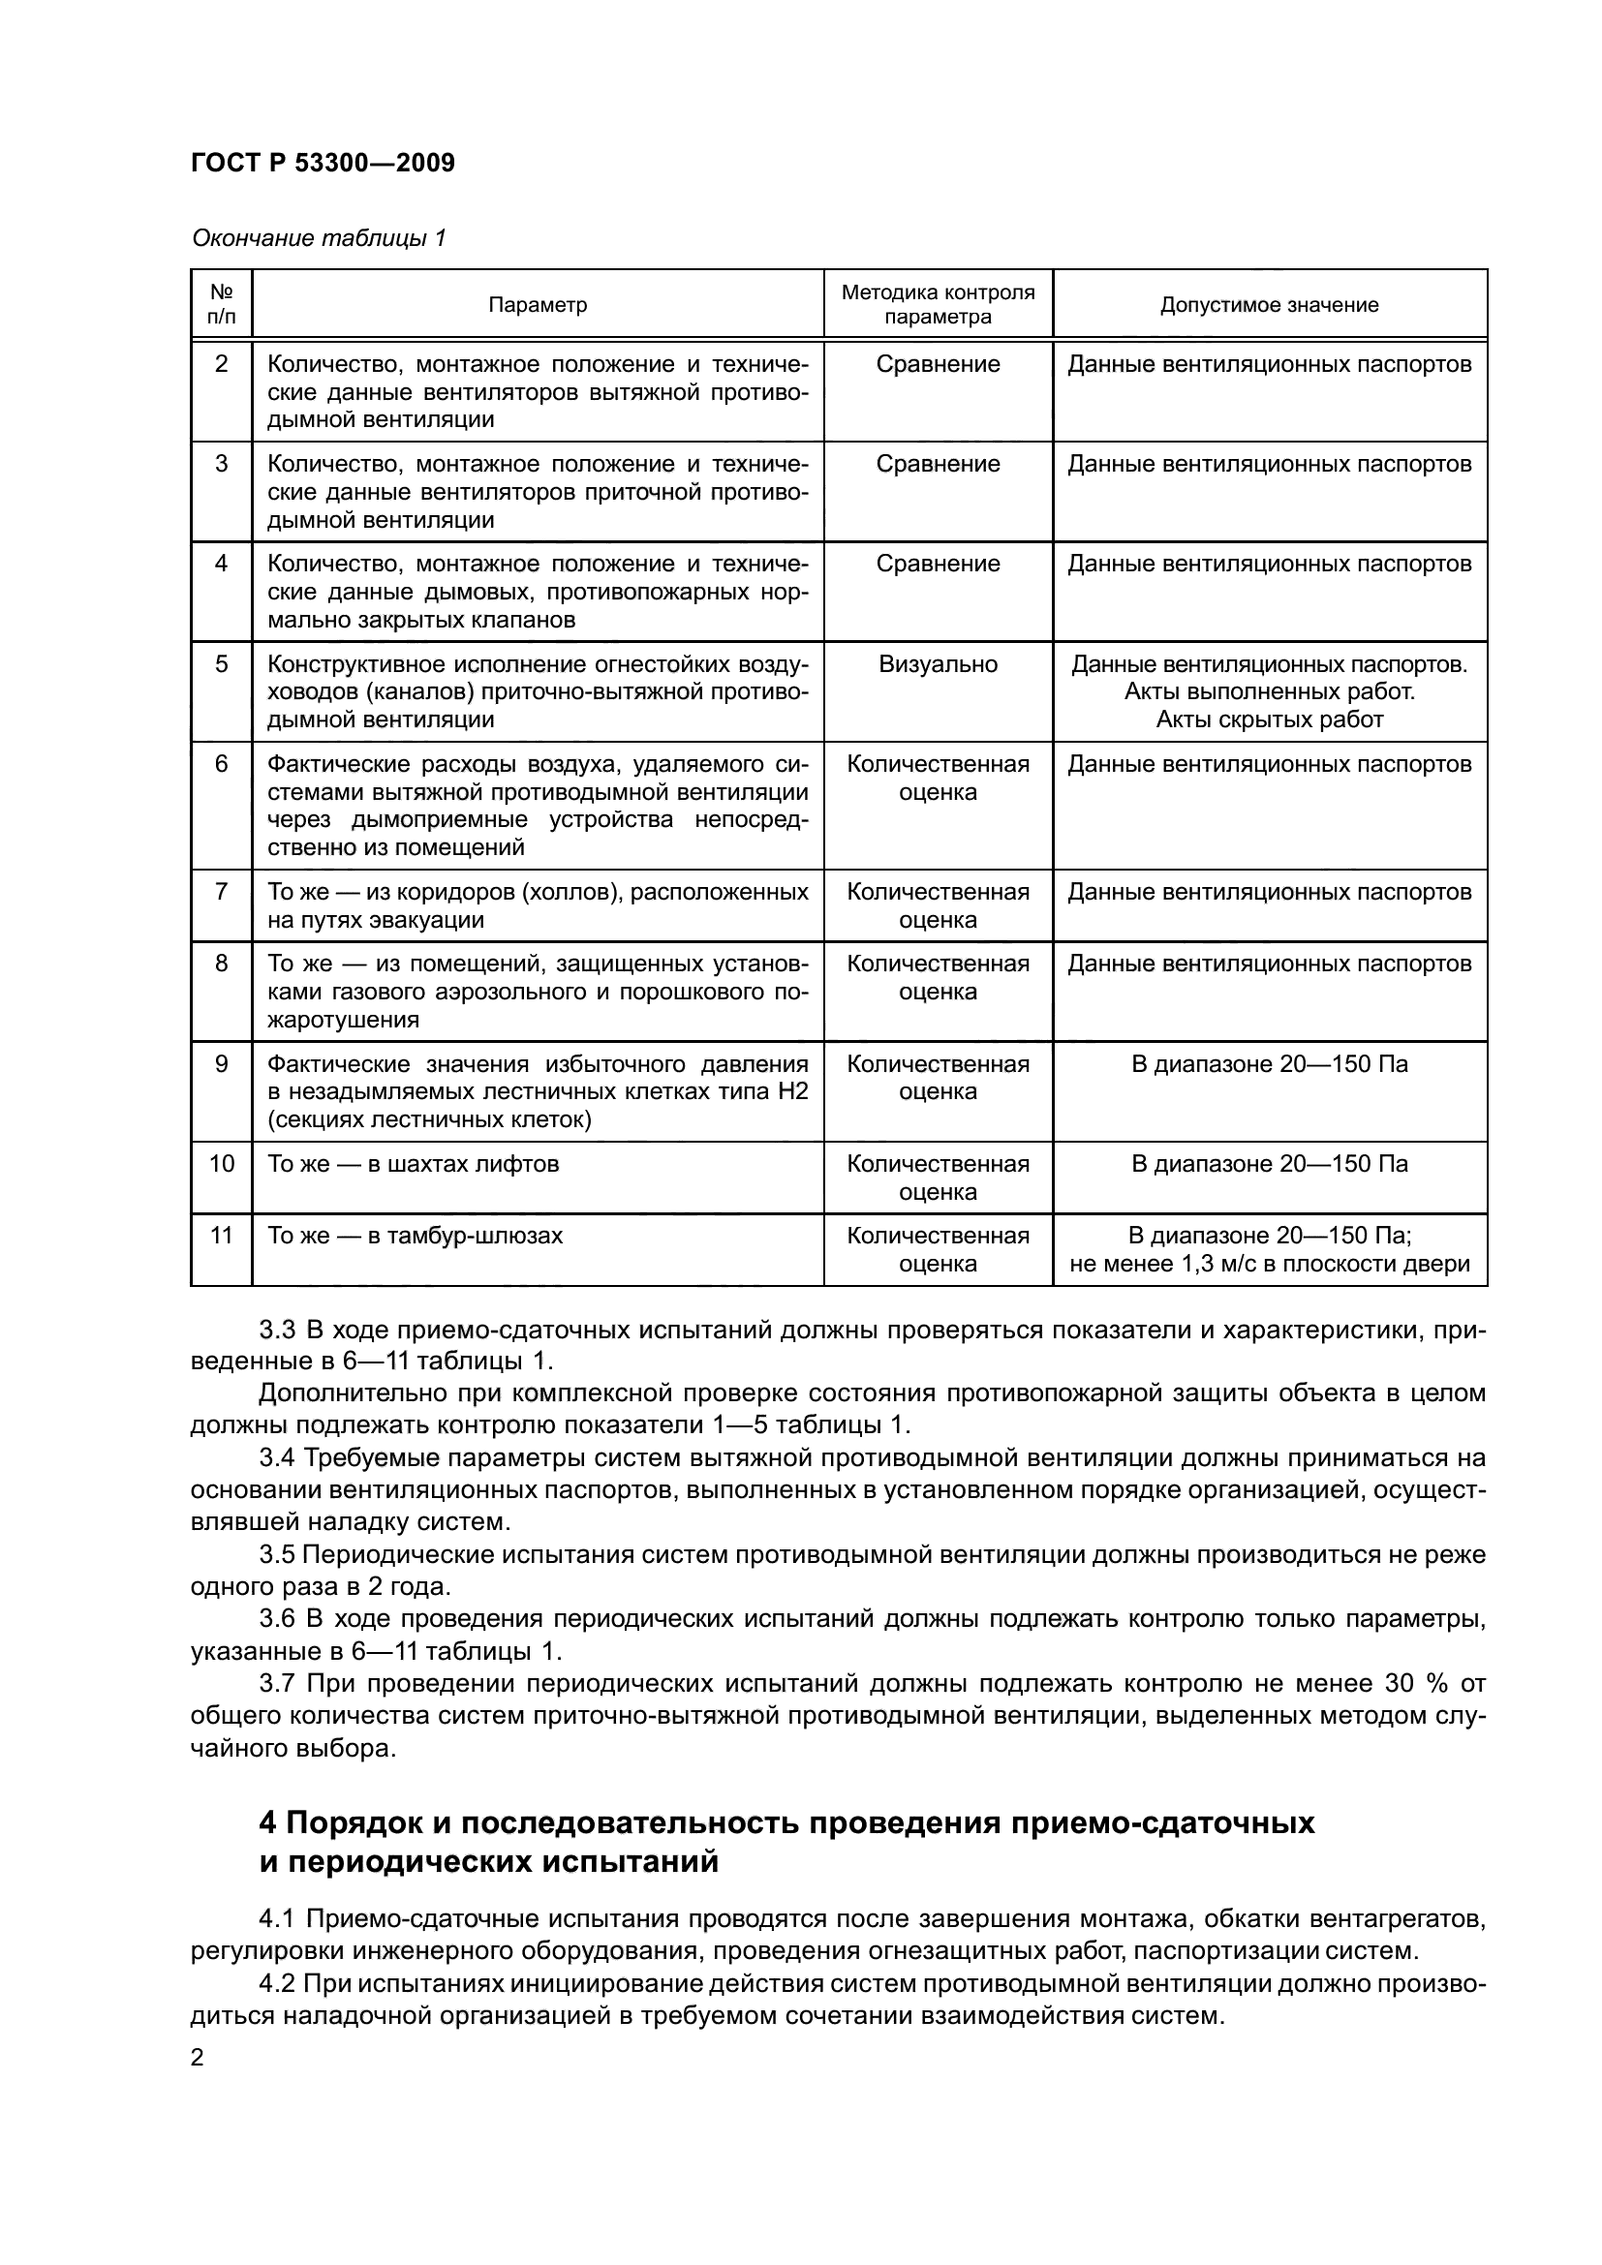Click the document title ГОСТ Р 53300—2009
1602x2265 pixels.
click(x=323, y=163)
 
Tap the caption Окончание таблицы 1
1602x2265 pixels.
click(x=319, y=238)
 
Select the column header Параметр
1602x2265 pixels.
click(x=538, y=305)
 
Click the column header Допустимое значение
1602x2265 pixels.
click(x=1269, y=305)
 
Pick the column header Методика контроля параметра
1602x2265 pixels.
click(x=938, y=305)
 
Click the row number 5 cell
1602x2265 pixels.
click(x=221, y=664)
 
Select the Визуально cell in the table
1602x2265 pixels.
click(x=938, y=664)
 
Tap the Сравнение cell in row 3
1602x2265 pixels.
click(x=938, y=464)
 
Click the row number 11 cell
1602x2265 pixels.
click(x=221, y=1235)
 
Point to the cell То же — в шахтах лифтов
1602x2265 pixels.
click(x=414, y=1164)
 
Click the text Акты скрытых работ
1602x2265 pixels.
click(x=1269, y=719)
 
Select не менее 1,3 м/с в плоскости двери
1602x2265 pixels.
click(x=1269, y=1264)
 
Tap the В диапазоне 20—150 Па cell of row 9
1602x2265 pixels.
click(x=1269, y=1064)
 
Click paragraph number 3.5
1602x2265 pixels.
click(x=277, y=1556)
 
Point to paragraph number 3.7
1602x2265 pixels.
click(x=277, y=1683)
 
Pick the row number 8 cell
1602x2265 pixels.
click(x=221, y=963)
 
